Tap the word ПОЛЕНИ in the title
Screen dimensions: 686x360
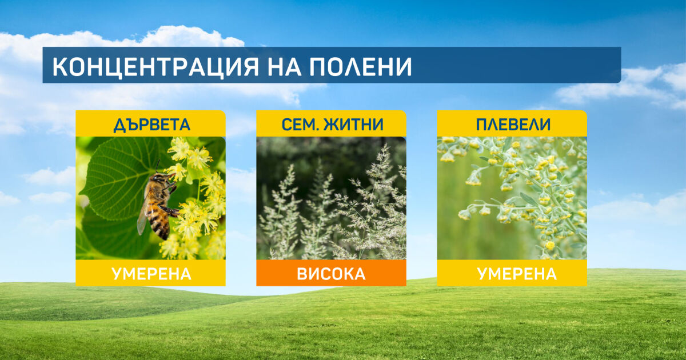click(360, 66)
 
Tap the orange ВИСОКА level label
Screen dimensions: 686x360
click(332, 274)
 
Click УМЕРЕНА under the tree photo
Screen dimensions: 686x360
click(151, 274)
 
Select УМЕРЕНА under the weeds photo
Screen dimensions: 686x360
click(517, 274)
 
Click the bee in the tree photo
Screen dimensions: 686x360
click(158, 203)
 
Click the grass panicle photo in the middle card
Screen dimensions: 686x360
click(332, 198)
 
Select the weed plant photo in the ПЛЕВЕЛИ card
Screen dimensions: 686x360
click(512, 198)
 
